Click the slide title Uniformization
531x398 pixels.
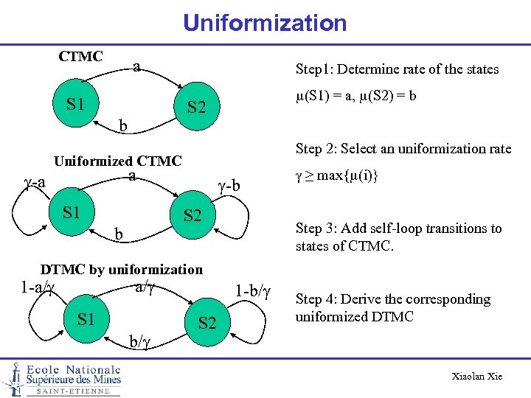coord(265,23)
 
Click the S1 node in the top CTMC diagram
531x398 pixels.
coord(75,103)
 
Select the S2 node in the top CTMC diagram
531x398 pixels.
coord(195,108)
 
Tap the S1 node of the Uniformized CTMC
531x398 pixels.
coord(72,214)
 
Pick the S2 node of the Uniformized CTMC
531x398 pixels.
coord(192,216)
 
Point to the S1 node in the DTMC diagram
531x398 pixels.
coord(86,318)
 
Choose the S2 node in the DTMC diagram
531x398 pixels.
coord(207,323)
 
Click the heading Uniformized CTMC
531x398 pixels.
coord(118,161)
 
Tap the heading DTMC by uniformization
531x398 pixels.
coord(121,269)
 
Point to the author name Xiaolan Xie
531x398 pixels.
coord(476,377)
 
